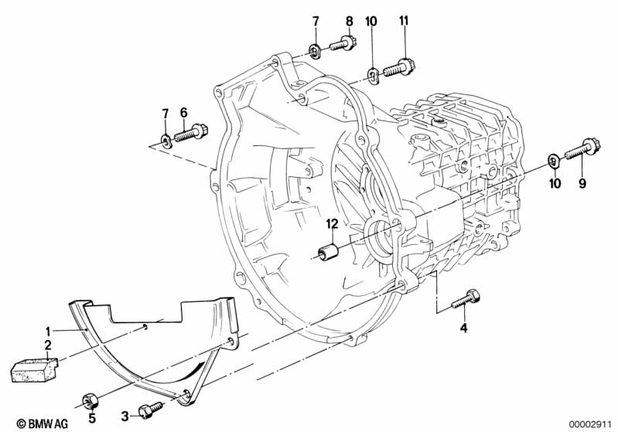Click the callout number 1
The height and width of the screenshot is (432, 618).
pyautogui.click(x=48, y=331)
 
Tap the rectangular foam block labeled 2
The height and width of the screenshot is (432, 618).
pyautogui.click(x=34, y=369)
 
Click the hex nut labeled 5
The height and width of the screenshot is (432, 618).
pyautogui.click(x=89, y=401)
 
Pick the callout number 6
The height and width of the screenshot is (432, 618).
pyautogui.click(x=183, y=113)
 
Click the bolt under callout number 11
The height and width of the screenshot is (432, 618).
pyautogui.click(x=399, y=67)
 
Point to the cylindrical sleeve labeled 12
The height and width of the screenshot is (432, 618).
pyautogui.click(x=328, y=252)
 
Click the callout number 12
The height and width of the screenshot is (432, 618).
pyautogui.click(x=333, y=224)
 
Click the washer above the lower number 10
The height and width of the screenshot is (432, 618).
pyautogui.click(x=554, y=161)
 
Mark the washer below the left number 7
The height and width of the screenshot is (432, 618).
pyautogui.click(x=166, y=139)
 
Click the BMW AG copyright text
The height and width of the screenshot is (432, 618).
pyautogui.click(x=43, y=423)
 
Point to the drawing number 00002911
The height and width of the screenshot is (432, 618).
pyautogui.click(x=590, y=424)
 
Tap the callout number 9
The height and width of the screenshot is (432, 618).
pyautogui.click(x=582, y=183)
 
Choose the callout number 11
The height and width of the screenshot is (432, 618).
pyautogui.click(x=404, y=21)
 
